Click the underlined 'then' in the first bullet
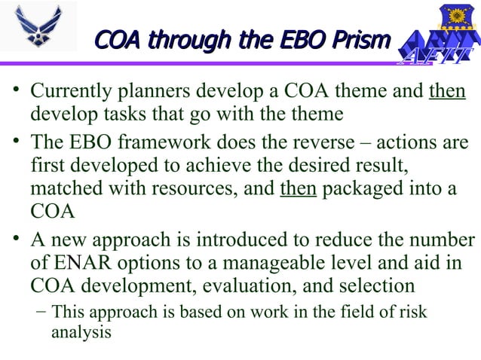coord(446,93)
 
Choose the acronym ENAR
coord(84,262)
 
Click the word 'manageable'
coord(283,262)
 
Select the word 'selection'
coord(377,285)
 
